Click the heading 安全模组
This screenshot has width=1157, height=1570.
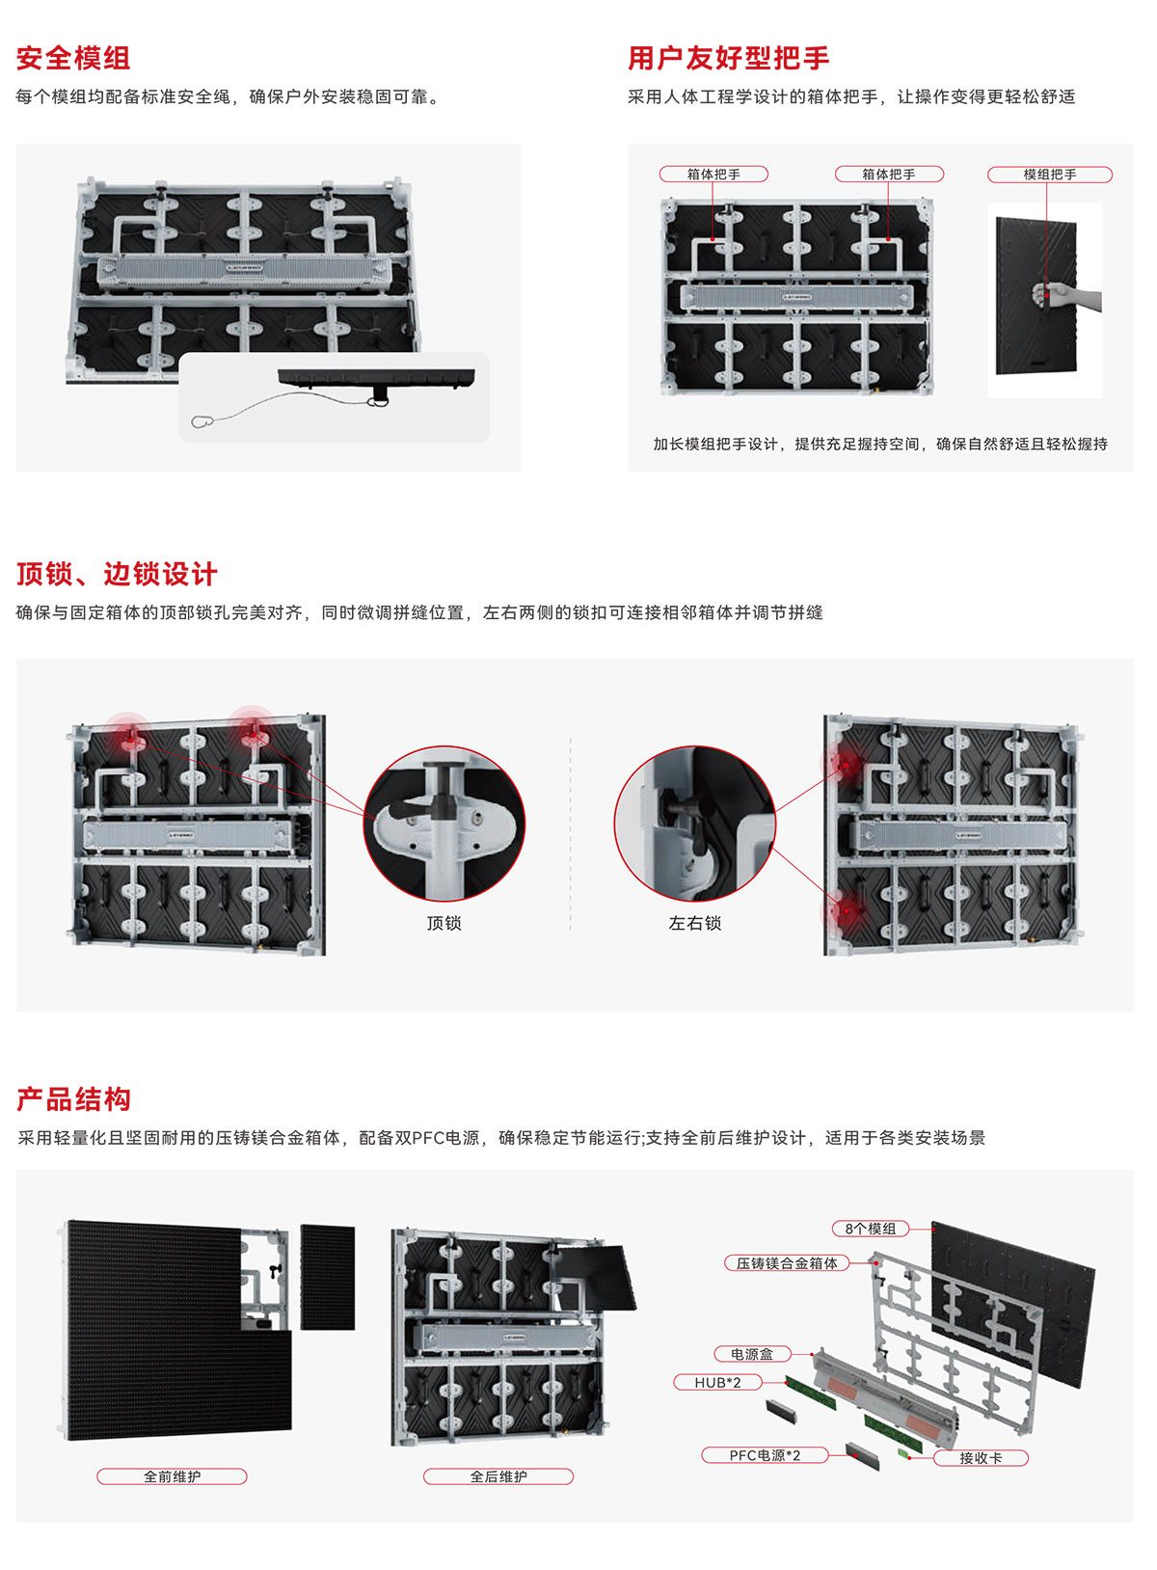point(73,58)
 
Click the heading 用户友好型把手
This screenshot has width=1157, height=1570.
point(729,58)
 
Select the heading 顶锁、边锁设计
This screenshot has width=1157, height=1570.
point(117,574)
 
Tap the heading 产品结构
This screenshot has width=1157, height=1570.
point(73,1099)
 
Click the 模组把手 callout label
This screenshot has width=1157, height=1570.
point(1050,175)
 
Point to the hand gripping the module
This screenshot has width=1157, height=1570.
point(1065,296)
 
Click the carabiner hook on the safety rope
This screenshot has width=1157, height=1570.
point(202,421)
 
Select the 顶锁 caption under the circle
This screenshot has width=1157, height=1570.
point(444,923)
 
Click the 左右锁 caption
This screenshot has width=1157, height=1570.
point(694,923)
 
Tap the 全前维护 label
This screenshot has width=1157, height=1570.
point(172,1476)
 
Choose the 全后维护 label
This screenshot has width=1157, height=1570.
point(498,1476)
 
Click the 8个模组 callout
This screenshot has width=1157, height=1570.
point(871,1229)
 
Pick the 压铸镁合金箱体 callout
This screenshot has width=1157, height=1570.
point(787,1263)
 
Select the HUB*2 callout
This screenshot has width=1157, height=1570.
point(717,1382)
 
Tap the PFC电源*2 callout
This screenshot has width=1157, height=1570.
point(765,1455)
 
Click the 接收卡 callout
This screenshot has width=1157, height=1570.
point(982,1458)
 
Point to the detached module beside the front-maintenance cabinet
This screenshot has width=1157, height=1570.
point(327,1277)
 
